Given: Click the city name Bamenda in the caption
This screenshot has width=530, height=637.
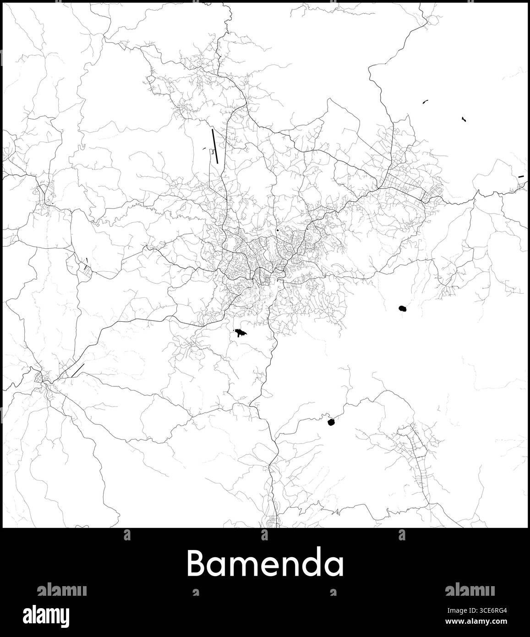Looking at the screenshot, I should point(265,563).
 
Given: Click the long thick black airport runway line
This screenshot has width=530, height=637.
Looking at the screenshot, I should point(215,146).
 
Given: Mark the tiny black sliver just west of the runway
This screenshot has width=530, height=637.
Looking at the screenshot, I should point(202,148).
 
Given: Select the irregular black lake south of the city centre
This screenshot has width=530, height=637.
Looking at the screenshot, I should point(240,333).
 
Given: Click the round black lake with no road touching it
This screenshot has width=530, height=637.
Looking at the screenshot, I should point(403,309).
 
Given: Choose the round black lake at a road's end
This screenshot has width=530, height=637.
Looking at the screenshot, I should point(332,422).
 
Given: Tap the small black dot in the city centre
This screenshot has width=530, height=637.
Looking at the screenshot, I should point(278,230).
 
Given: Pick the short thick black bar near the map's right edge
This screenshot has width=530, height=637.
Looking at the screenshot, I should point(520,176).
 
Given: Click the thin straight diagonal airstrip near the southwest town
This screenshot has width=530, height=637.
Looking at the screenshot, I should point(78,370).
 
